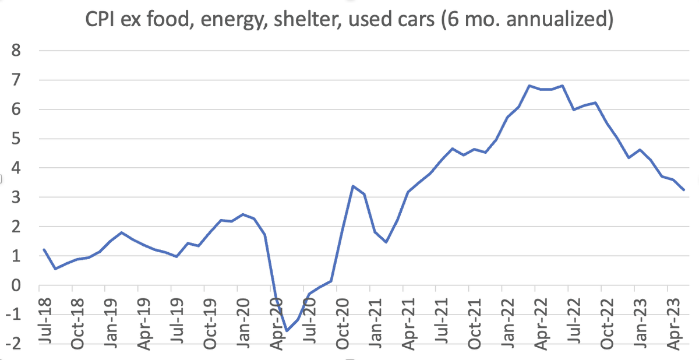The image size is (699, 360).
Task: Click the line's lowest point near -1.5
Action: tap(287, 331)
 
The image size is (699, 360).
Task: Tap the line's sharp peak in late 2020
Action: tap(353, 186)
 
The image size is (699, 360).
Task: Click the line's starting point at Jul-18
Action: tap(44, 249)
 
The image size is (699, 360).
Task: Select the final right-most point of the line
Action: tap(684, 190)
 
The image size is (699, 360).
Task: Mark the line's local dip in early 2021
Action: tap(386, 242)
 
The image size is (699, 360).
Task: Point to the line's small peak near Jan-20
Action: tap(243, 214)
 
